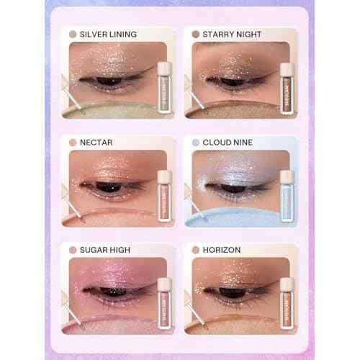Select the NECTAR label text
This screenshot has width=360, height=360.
[x=99, y=142]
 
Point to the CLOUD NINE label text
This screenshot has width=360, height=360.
[x=228, y=142]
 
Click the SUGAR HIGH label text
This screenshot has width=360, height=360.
[x=106, y=250]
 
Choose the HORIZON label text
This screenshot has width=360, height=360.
[x=221, y=250]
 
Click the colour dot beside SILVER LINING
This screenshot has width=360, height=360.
[x=72, y=34]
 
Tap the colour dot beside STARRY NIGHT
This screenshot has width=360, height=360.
[x=195, y=34]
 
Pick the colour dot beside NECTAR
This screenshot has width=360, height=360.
[x=72, y=142]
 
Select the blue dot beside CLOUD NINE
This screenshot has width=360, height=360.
[x=195, y=142]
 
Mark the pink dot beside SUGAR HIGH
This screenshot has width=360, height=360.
[x=72, y=250]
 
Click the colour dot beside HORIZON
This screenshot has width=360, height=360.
[x=195, y=250]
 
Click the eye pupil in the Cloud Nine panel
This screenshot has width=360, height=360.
[x=233, y=188]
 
